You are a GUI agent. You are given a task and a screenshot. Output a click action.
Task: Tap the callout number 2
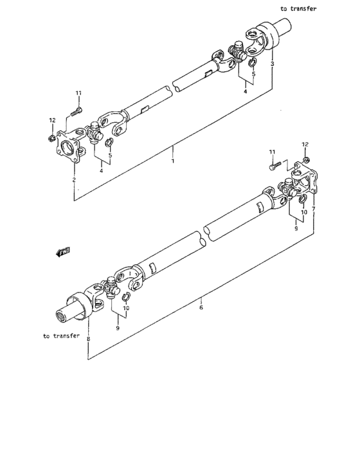pos(74,180)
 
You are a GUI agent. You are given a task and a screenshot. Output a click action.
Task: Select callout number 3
pos(273,65)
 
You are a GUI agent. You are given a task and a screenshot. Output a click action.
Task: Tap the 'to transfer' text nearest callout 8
pos(61,336)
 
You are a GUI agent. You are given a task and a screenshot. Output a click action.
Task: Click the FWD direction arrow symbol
pos(63,252)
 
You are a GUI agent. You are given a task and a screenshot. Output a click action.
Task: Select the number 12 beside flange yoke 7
pos(305,144)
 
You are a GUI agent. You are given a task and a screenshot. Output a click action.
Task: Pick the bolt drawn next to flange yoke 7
pos(274,166)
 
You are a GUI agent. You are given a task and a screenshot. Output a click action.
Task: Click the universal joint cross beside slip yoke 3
pos(238,53)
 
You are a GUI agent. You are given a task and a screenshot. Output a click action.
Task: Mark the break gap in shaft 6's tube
pos(203,234)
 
